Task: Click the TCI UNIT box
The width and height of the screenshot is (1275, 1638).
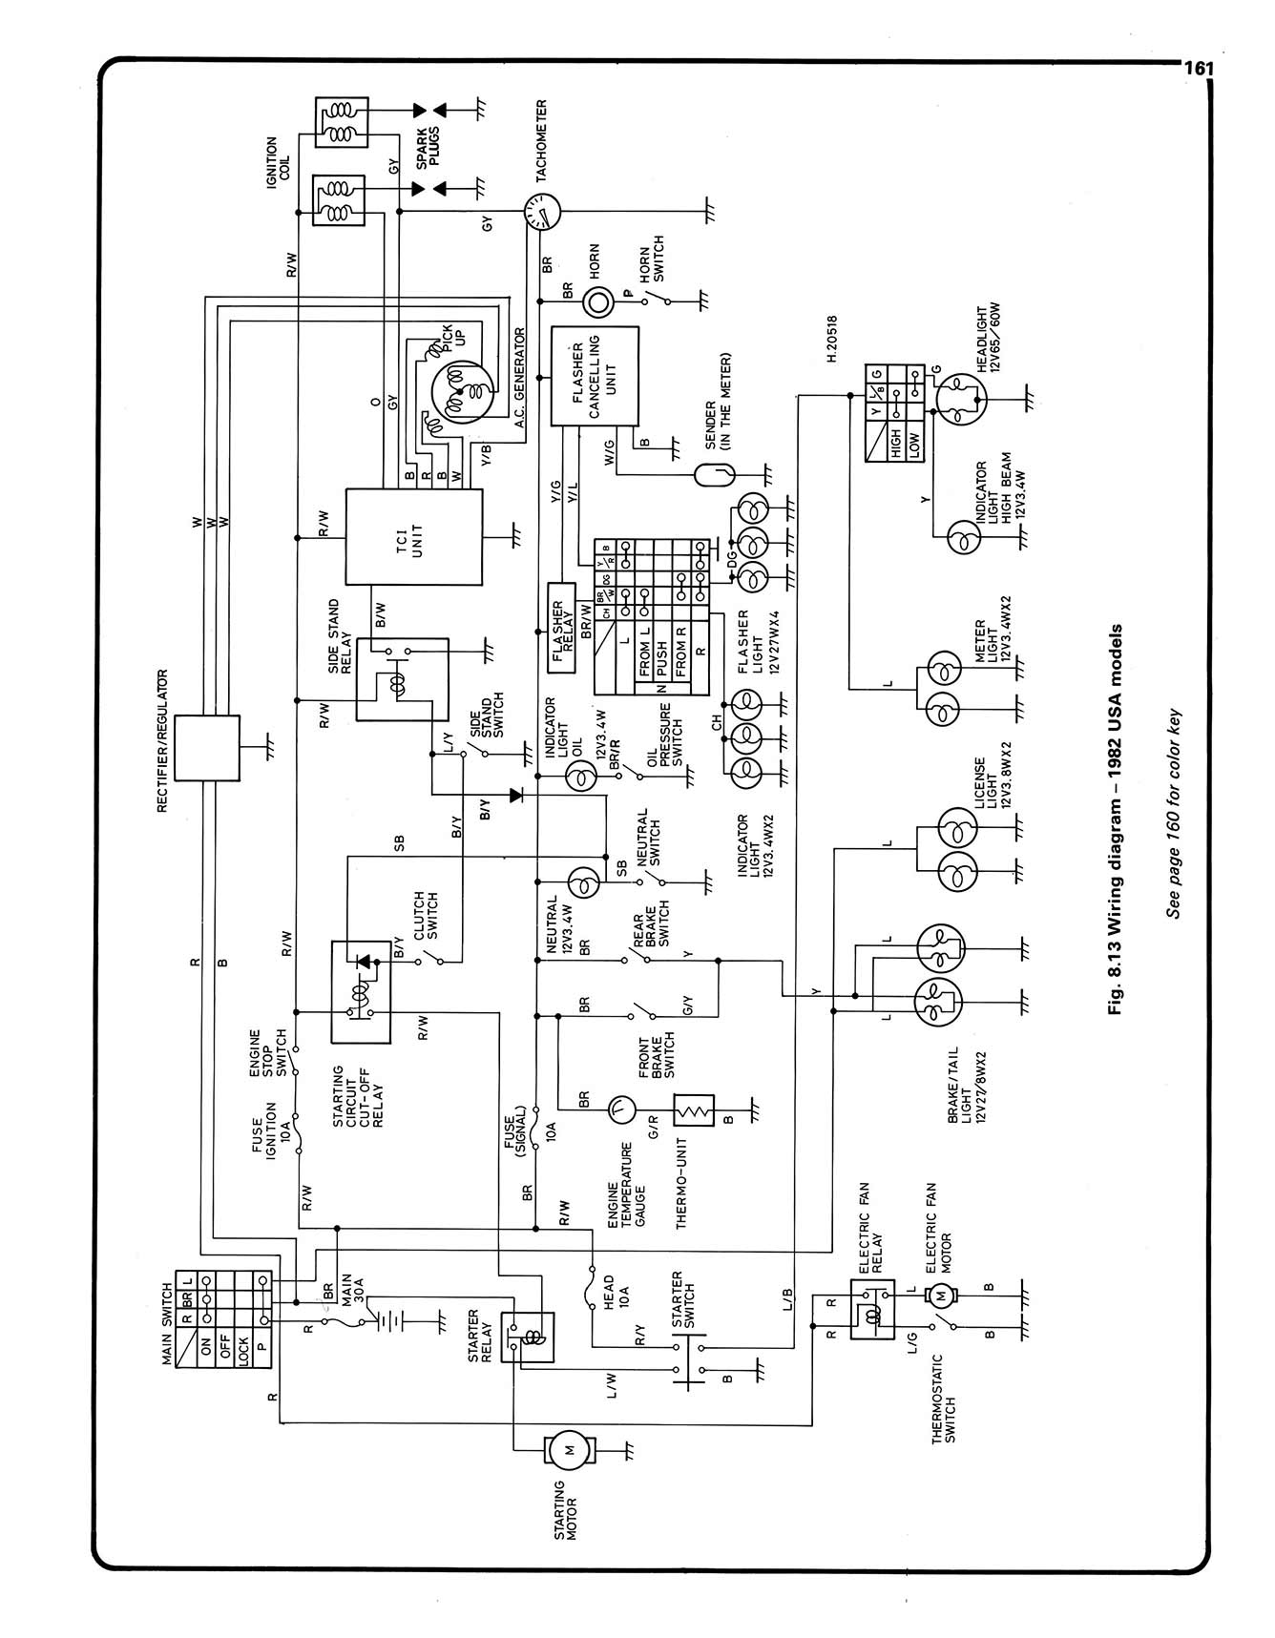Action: point(414,537)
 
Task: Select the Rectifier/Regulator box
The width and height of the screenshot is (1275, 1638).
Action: point(208,747)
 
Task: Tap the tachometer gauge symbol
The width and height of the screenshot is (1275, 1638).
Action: point(542,212)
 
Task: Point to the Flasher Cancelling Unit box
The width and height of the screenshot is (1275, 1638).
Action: point(595,376)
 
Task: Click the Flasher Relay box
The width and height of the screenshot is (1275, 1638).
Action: point(561,627)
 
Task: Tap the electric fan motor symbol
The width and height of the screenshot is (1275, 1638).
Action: point(940,1296)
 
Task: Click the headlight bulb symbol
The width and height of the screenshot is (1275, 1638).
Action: point(961,396)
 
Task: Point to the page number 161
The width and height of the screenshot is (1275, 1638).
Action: point(1198,69)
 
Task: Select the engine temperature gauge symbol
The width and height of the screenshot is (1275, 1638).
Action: point(621,1108)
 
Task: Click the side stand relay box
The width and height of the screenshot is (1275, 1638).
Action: point(402,679)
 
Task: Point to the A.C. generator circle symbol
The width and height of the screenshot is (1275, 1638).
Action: point(462,392)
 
